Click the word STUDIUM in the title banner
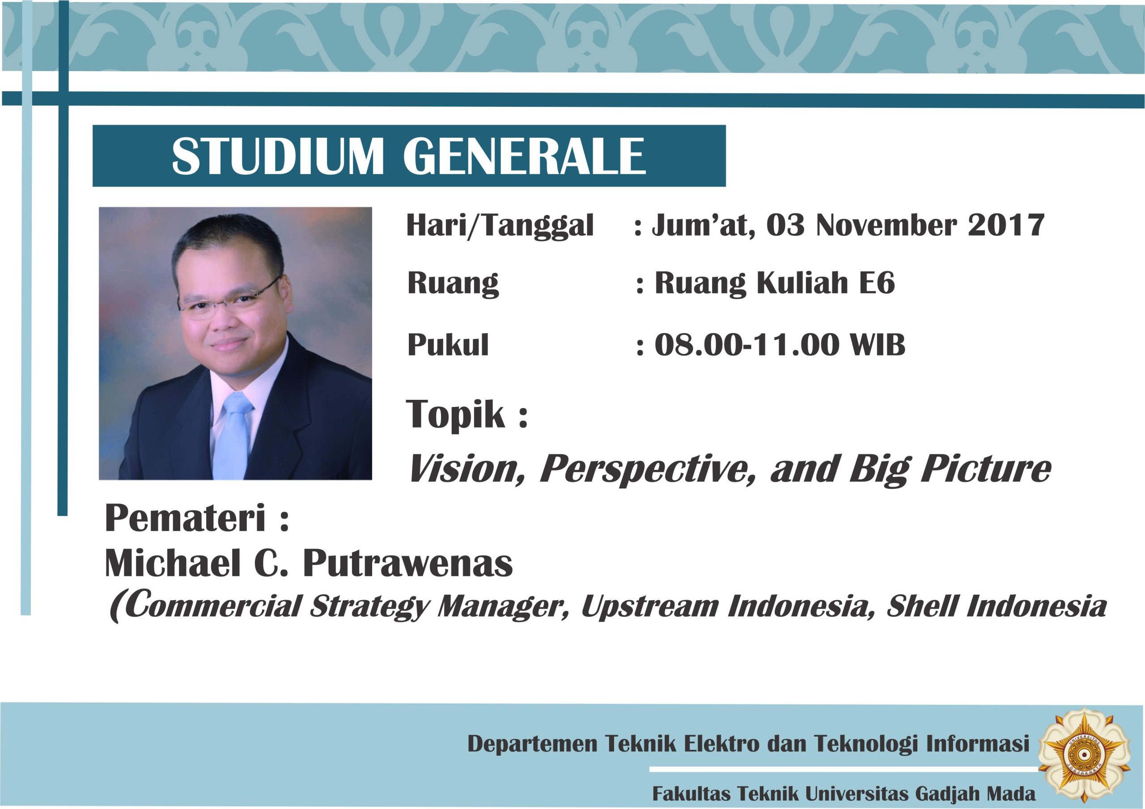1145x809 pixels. [278, 156]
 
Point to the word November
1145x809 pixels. [886, 225]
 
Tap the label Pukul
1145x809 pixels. [448, 344]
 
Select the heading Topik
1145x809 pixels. [456, 415]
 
